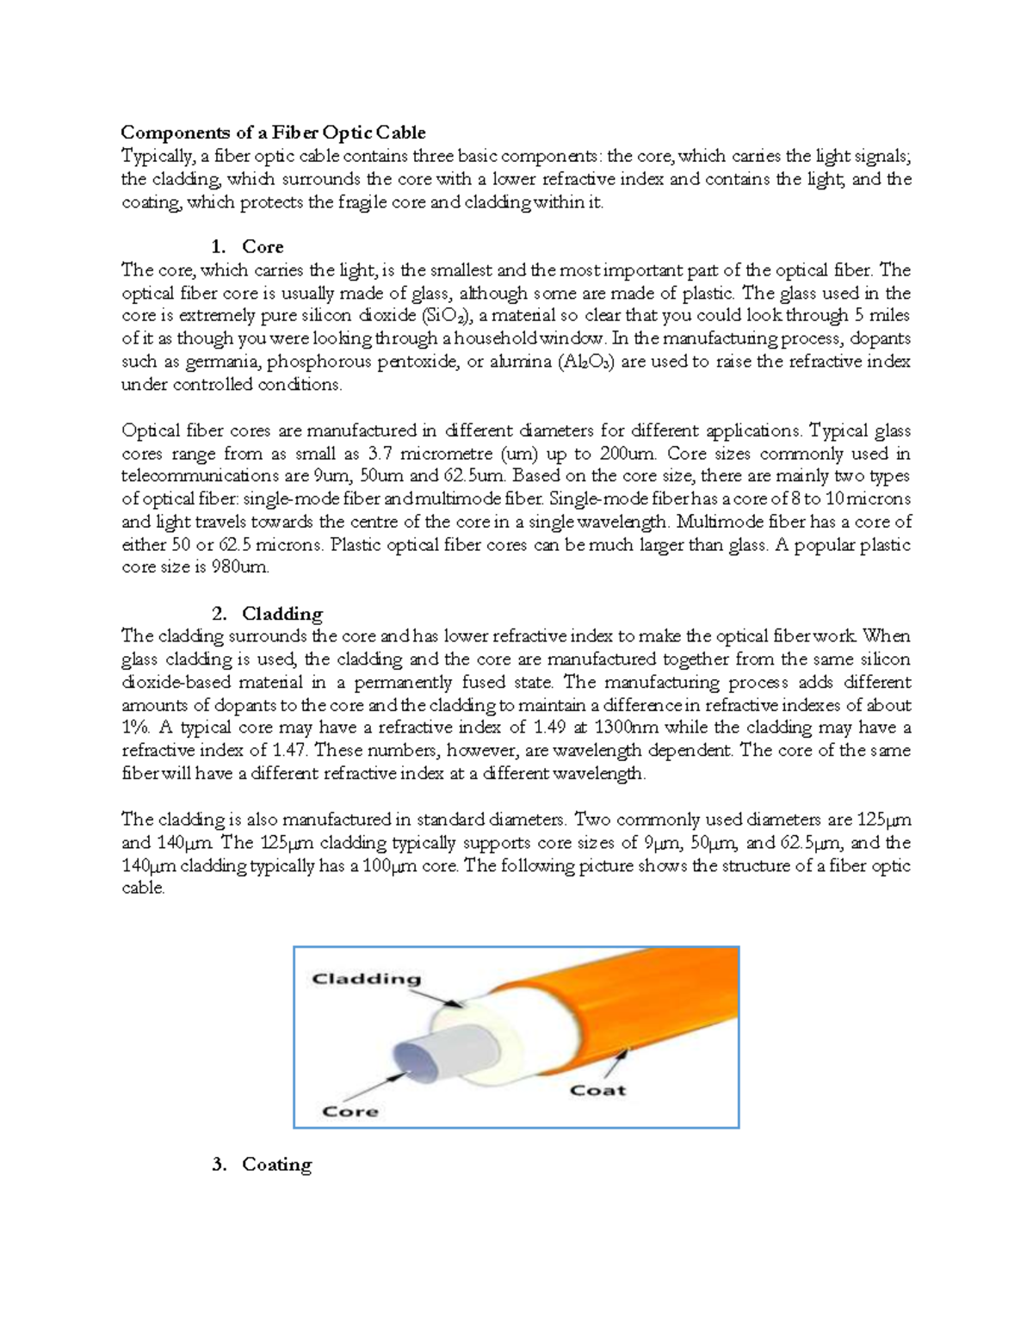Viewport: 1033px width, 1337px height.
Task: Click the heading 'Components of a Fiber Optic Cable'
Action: [x=273, y=133]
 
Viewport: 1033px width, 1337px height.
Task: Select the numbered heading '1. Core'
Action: [x=248, y=247]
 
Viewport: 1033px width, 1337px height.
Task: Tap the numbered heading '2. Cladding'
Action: [x=267, y=614]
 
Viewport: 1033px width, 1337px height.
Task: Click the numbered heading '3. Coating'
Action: [x=262, y=1165]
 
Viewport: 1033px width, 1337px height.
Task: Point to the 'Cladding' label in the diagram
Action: [x=366, y=979]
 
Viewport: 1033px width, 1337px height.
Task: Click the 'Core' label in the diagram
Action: [x=350, y=1111]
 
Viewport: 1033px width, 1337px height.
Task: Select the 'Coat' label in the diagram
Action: [x=597, y=1091]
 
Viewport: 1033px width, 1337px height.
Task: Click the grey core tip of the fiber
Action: [x=418, y=1060]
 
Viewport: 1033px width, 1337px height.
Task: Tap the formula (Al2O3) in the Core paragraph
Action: [x=585, y=362]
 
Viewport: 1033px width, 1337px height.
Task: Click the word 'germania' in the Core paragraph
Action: [x=216, y=362]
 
